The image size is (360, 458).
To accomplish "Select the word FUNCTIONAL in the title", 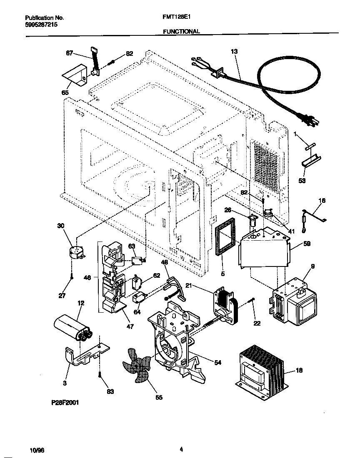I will pos(181,31).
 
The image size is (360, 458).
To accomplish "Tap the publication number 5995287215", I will pos(41,25).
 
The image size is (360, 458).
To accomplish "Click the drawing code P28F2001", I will pos(65,403).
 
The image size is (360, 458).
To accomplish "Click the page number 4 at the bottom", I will pos(181,449).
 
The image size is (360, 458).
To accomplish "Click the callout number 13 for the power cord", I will pos(234,51).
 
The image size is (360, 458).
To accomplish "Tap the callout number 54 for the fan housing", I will pos(217,363).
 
